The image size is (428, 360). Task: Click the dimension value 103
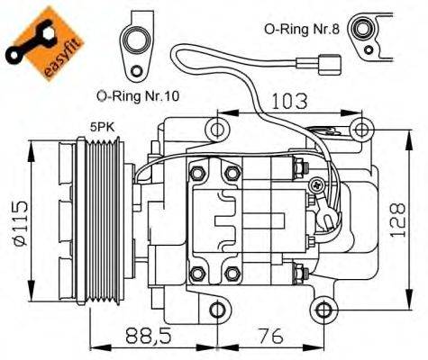coord(289,100)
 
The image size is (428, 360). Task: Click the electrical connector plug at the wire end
coord(331,65)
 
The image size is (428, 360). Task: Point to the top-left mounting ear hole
coord(216,130)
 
